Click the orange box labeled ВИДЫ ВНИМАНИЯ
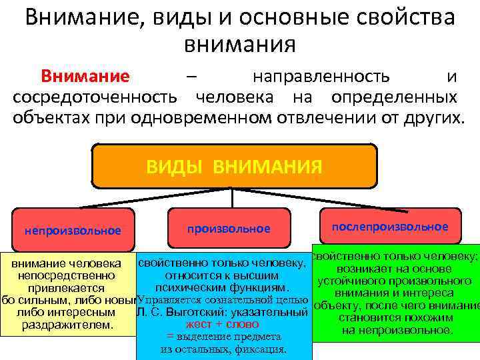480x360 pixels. click(233, 165)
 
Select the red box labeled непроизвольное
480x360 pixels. click(73, 231)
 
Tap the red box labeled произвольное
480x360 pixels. click(229, 229)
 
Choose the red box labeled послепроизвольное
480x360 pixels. click(390, 227)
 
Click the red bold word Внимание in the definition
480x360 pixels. click(86, 76)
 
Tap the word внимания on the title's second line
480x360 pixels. click(239, 44)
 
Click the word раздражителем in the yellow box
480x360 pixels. click(67, 325)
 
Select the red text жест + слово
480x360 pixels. click(223, 324)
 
